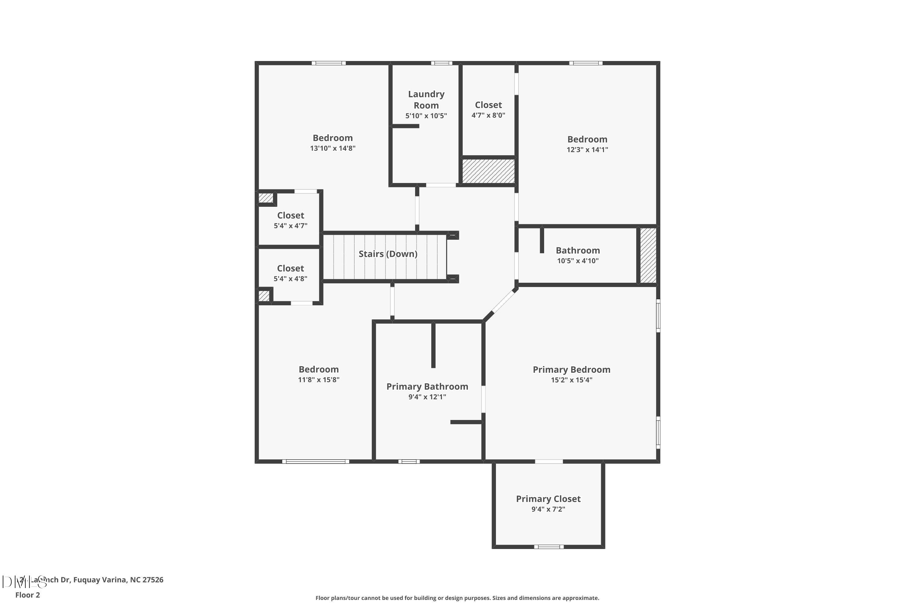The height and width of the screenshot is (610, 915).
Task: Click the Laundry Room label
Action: click(x=426, y=100)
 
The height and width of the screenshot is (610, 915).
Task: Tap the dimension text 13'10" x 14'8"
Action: click(x=333, y=148)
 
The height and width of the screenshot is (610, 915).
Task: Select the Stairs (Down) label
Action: click(x=388, y=254)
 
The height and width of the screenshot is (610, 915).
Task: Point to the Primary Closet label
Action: click(x=548, y=499)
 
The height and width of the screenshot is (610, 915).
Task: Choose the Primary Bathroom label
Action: click(x=427, y=386)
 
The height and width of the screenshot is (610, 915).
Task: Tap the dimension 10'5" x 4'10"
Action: click(x=578, y=261)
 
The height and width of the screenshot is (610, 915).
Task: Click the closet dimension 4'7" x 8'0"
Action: click(x=488, y=115)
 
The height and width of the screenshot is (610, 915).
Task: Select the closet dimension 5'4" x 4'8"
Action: click(x=290, y=278)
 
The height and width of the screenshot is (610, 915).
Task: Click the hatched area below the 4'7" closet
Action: click(x=489, y=171)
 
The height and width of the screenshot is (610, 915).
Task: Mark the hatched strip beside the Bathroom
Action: click(x=648, y=256)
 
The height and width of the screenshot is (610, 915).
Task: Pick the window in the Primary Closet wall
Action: click(x=548, y=547)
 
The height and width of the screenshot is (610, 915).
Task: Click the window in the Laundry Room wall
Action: click(x=441, y=63)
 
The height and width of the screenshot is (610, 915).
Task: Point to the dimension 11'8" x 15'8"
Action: click(x=319, y=380)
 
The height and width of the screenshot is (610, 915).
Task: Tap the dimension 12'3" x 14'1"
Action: click(x=587, y=150)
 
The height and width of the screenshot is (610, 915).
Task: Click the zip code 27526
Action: click(x=153, y=580)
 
